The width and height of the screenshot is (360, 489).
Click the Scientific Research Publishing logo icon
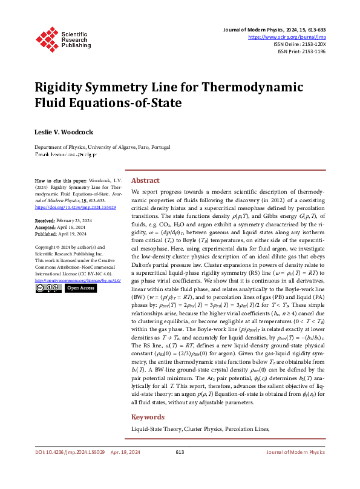coord(45,38)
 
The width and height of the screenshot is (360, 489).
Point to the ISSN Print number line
coord(301,51)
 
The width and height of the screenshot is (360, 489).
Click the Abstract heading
coord(145,180)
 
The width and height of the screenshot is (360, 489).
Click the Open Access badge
coord(80,289)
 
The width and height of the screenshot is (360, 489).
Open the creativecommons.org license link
coord(77,281)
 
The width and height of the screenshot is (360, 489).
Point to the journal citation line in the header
coord(279,30)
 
